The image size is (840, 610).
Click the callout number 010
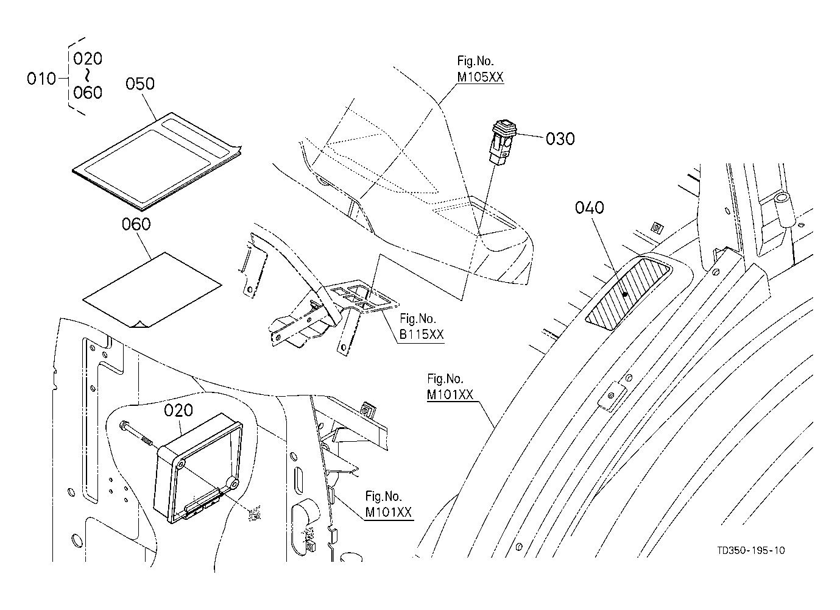point(41,79)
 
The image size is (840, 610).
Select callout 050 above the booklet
point(140,83)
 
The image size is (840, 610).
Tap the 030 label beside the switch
point(560,139)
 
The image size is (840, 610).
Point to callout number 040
point(590,207)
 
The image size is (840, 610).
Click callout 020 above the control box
point(178,410)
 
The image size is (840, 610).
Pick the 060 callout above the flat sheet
point(136,224)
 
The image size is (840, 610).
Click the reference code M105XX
point(480,77)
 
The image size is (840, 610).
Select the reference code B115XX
point(422,335)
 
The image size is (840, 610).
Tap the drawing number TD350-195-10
point(751,550)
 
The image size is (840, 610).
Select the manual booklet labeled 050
point(157,161)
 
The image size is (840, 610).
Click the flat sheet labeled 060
point(152,289)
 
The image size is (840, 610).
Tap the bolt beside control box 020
point(135,434)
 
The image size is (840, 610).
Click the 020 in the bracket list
point(88,59)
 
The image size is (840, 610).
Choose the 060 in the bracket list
point(88,93)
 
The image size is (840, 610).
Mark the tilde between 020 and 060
point(87,76)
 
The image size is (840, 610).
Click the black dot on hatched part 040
point(625,294)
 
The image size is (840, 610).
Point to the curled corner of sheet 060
point(139,324)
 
